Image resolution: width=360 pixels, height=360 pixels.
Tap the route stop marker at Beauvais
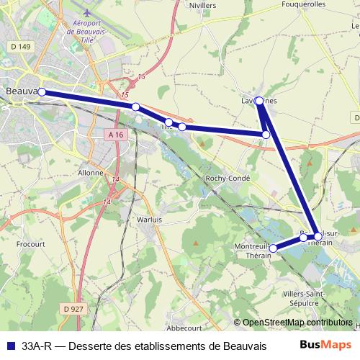click(42, 91)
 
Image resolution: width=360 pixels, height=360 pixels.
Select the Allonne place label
click(90, 173)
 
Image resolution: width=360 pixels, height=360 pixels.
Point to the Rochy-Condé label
click(228, 178)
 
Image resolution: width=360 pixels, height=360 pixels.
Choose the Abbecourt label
click(203, 326)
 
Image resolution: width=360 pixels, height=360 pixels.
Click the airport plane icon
click(88, 13)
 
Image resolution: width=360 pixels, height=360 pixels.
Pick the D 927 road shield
click(73, 308)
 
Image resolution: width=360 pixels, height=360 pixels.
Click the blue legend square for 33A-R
click(12, 346)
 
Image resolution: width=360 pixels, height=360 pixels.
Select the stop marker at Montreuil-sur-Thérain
click(273, 248)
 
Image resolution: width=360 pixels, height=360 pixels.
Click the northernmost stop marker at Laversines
click(259, 102)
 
